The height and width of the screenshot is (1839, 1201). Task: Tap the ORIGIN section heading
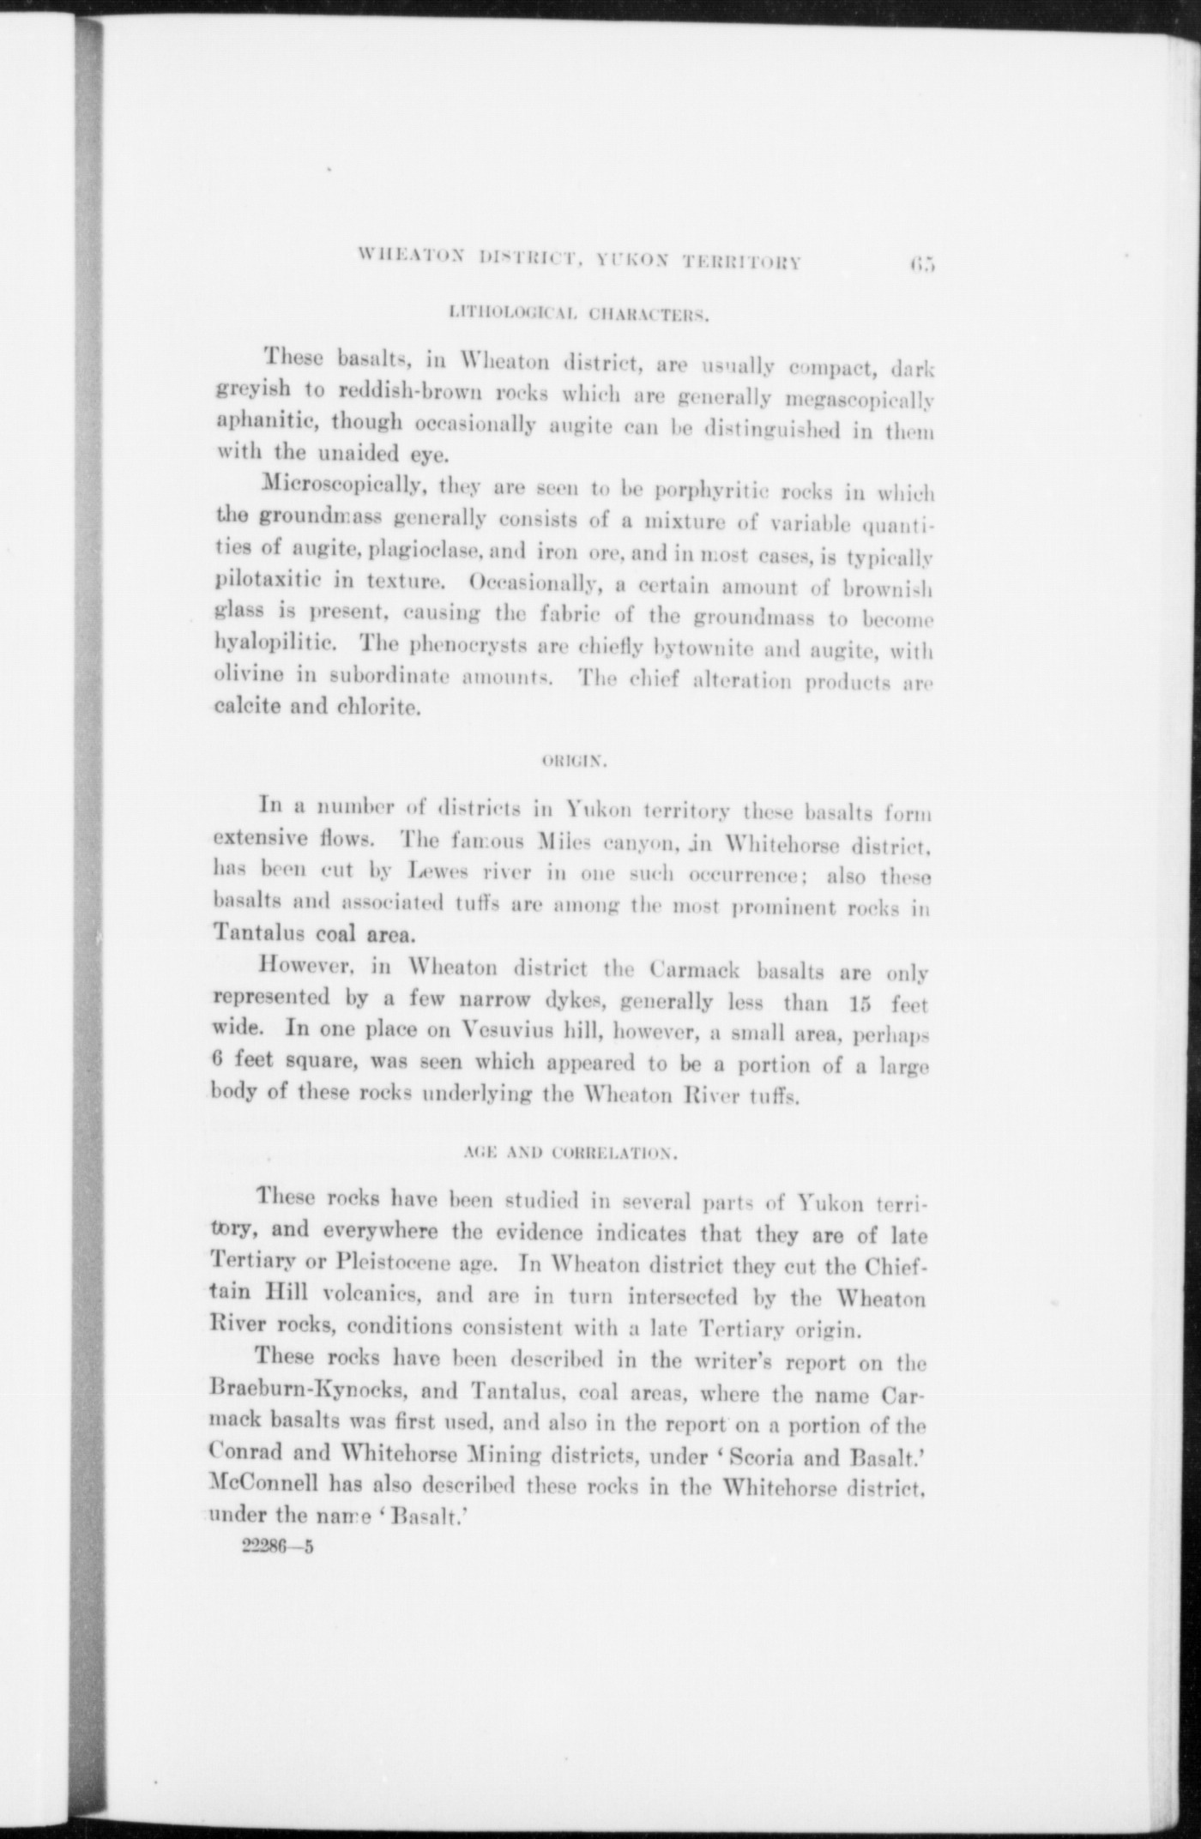pos(576,759)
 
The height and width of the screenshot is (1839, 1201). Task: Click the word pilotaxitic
pos(263,585)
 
